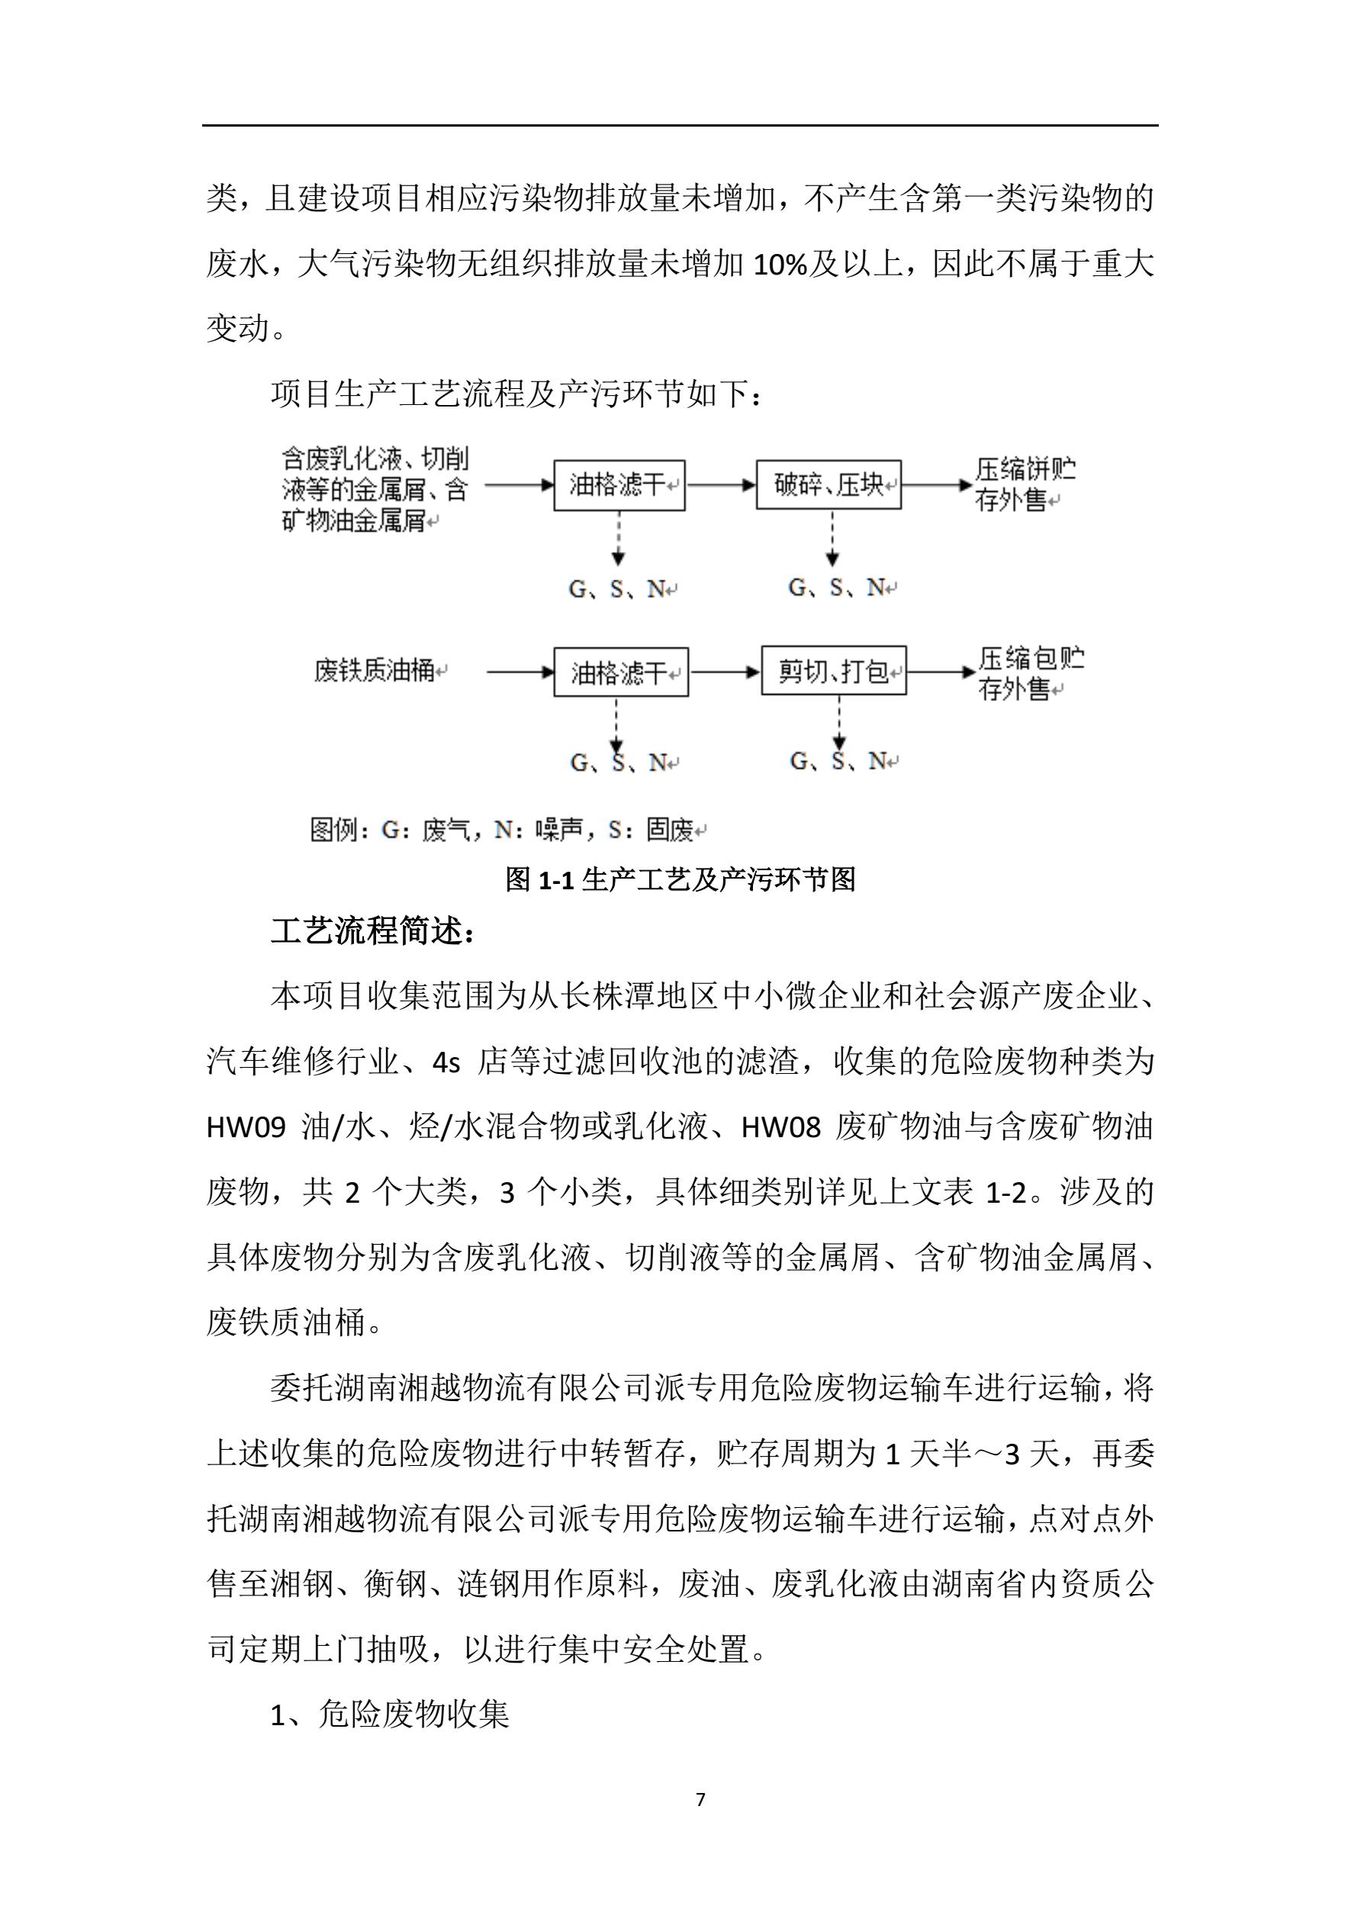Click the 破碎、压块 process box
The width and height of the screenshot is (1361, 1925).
(x=829, y=484)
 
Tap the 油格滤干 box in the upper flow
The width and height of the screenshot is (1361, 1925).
(x=619, y=484)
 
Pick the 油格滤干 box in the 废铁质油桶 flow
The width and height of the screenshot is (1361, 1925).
(x=620, y=672)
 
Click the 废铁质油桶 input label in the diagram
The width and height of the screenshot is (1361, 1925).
(x=375, y=670)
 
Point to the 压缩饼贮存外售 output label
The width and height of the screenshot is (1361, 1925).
(x=1025, y=484)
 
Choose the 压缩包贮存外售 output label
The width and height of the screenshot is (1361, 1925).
(x=1031, y=673)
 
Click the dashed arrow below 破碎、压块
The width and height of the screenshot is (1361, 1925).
(x=832, y=538)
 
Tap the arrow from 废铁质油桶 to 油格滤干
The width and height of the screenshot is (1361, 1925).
(x=520, y=672)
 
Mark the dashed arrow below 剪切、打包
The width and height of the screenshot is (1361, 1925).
(x=838, y=721)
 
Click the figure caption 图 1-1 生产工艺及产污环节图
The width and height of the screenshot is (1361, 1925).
(x=680, y=879)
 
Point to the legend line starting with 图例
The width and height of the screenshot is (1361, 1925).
(x=507, y=830)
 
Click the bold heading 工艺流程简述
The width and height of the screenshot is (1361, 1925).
(x=372, y=931)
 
